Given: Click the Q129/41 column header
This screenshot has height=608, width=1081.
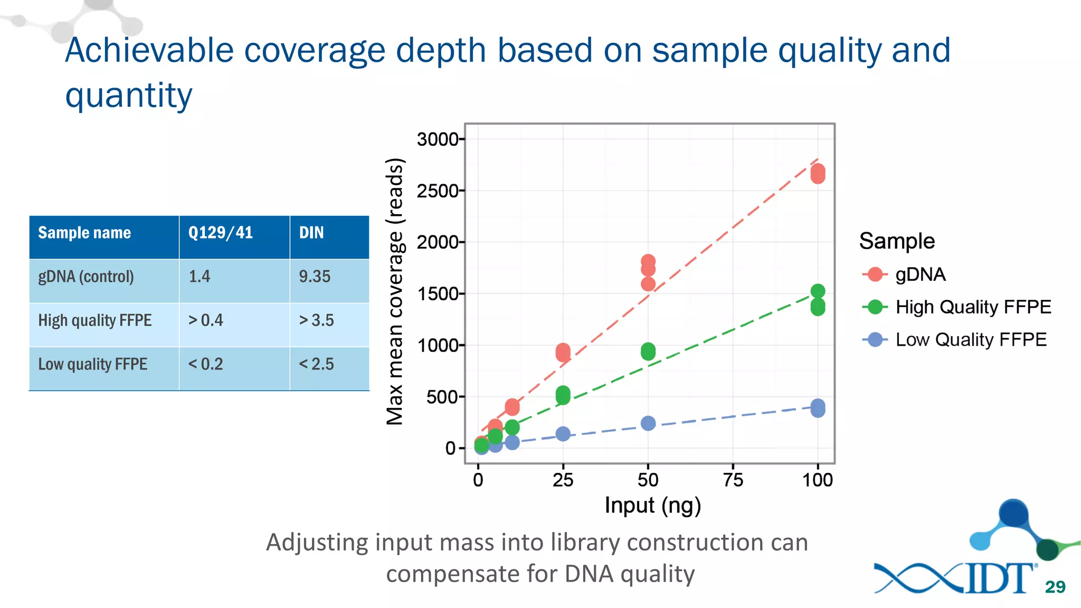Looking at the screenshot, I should pyautogui.click(x=221, y=233).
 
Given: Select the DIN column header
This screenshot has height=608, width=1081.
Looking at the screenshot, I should pyautogui.click(x=311, y=233).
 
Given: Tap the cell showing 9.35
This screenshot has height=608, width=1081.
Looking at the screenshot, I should pyautogui.click(x=315, y=277).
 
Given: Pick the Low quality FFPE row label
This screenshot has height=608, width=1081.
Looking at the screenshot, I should pyautogui.click(x=93, y=364).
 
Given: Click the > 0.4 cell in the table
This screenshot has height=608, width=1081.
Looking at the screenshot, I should pyautogui.click(x=206, y=320).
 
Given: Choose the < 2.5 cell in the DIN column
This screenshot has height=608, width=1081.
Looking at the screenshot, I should pyautogui.click(x=316, y=364).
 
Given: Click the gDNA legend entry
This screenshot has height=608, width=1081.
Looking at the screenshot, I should pyautogui.click(x=920, y=274).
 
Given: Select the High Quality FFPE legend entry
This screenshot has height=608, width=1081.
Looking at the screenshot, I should pyautogui.click(x=973, y=307).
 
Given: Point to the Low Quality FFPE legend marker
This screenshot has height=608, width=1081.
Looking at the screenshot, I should pyautogui.click(x=875, y=339).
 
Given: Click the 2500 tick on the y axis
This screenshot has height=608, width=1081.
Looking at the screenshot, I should pyautogui.click(x=438, y=191).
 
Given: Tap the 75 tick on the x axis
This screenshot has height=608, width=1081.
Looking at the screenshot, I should pyautogui.click(x=733, y=480).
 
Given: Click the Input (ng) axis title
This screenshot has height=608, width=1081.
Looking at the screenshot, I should pyautogui.click(x=652, y=505).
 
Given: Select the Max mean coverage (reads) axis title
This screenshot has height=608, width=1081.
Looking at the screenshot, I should pyautogui.click(x=395, y=291).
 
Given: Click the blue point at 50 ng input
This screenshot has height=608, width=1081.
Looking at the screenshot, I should pyautogui.click(x=648, y=423).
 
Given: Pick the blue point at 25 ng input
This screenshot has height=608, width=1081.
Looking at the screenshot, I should pyautogui.click(x=563, y=434).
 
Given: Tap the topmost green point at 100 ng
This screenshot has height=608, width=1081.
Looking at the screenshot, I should pyautogui.click(x=818, y=291).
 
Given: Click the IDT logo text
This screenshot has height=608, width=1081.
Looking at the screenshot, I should pyautogui.click(x=998, y=579).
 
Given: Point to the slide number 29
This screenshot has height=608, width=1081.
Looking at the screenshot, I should pyautogui.click(x=1055, y=587).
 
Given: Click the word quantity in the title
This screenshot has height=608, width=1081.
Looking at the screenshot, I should pyautogui.click(x=129, y=96).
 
